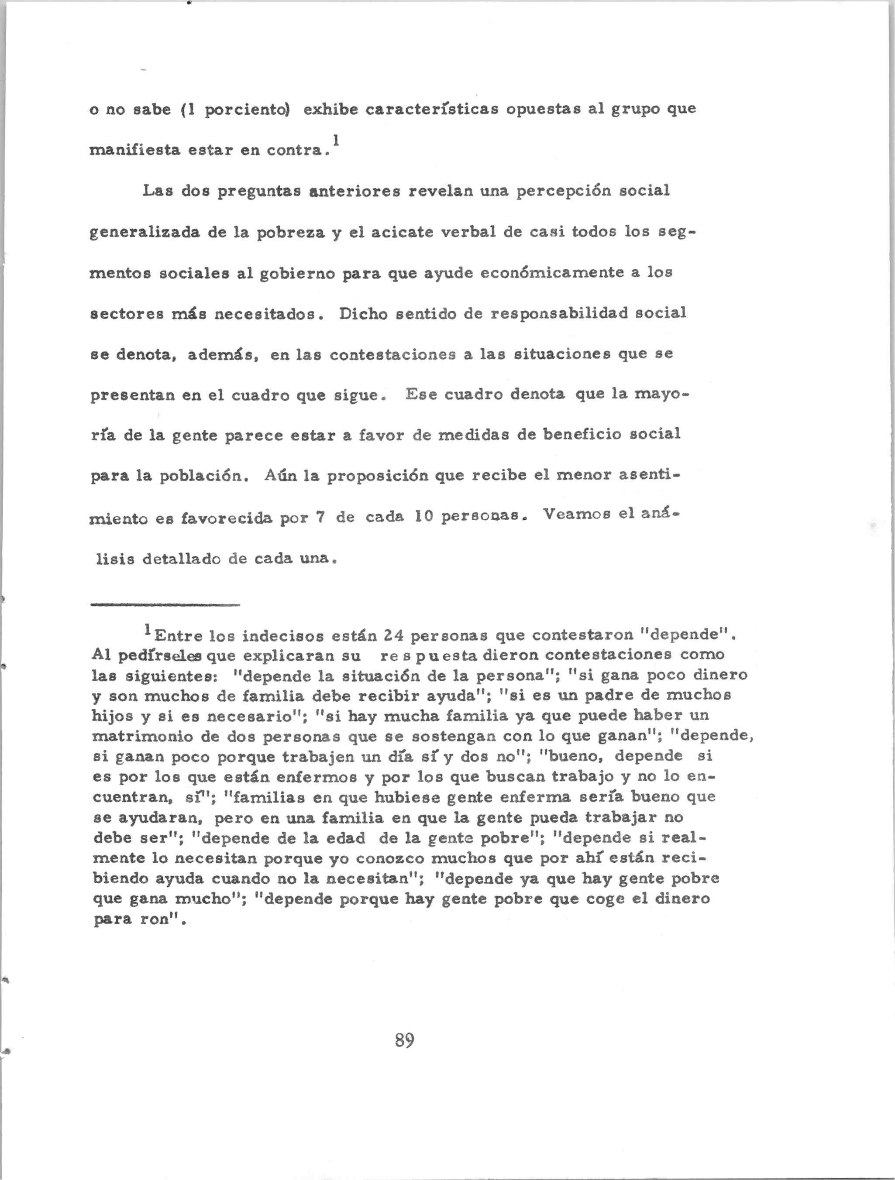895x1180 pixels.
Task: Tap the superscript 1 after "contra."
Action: [335, 140]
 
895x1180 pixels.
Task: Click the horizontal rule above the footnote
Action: [165, 605]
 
